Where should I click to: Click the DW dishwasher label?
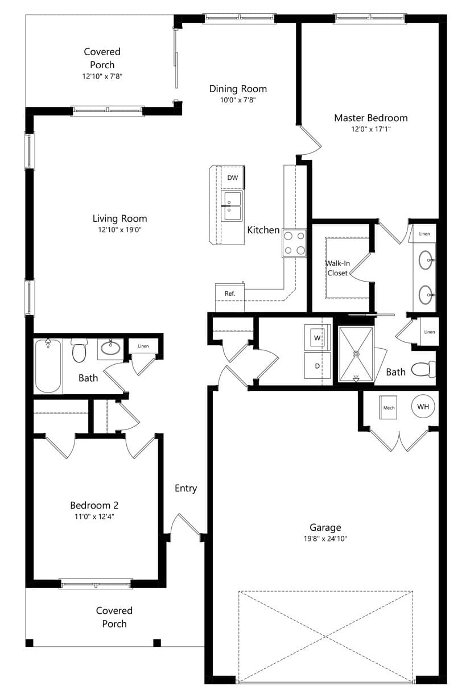233,177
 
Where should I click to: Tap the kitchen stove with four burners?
294,243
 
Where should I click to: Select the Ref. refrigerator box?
230,297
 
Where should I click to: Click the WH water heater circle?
423,407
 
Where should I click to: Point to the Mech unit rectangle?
388,407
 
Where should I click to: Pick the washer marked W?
317,337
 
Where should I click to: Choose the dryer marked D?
317,366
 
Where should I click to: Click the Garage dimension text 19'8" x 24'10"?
325,539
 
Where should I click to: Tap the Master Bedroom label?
371,118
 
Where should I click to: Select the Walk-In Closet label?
337,268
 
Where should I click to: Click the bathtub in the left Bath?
48,366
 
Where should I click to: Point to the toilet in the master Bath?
423,370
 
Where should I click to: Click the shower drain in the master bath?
356,354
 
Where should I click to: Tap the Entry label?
185,488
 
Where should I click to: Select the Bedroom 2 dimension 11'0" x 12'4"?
94,517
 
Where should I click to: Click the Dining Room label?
238,89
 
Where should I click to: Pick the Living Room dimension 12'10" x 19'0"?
119,230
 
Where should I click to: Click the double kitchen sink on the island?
231,206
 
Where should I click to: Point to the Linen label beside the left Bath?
143,346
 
